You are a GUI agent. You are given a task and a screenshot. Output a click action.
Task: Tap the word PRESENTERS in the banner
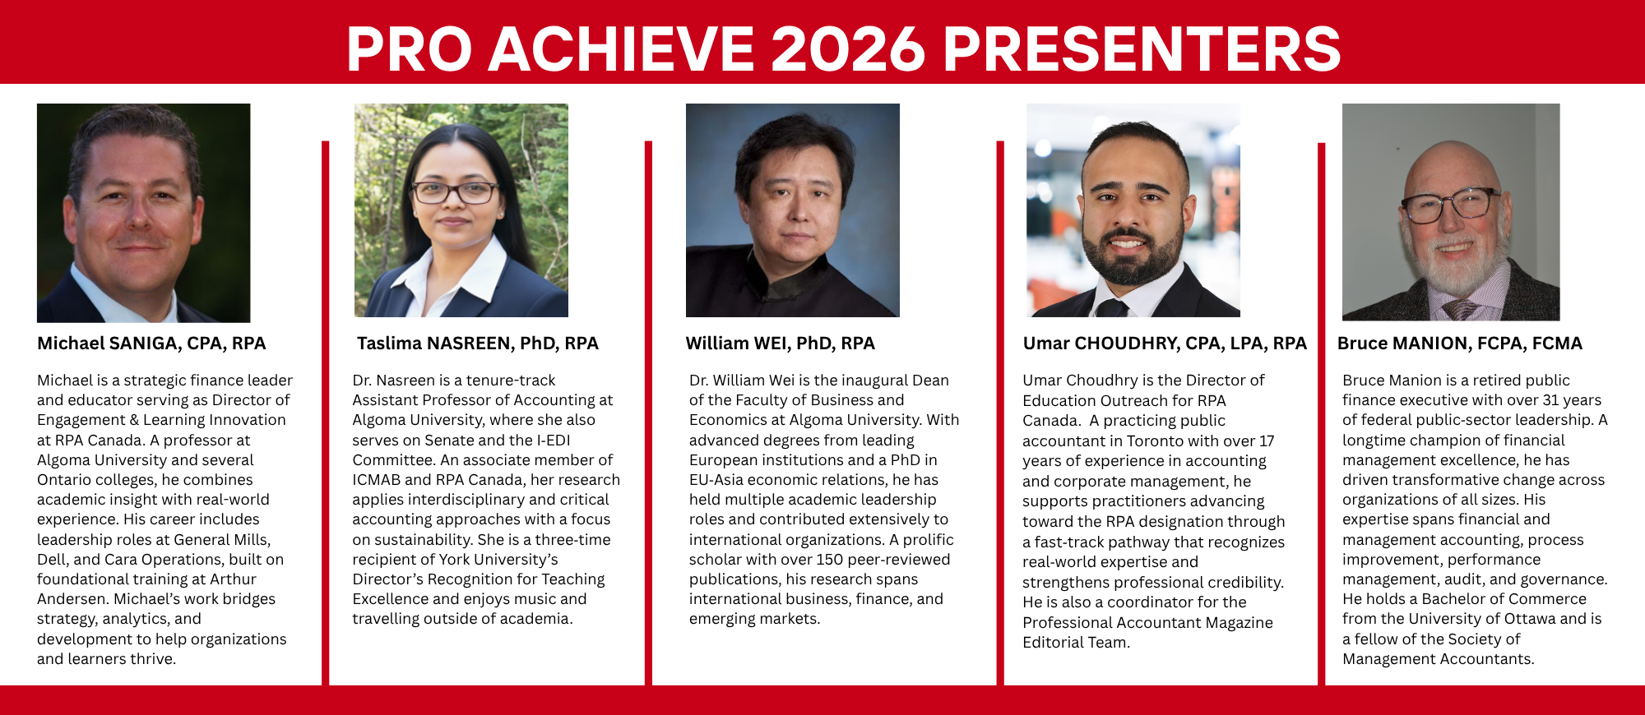1142,48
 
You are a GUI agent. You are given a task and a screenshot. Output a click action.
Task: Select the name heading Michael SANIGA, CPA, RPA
151,344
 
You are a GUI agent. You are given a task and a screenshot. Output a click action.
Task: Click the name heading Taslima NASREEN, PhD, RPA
477,344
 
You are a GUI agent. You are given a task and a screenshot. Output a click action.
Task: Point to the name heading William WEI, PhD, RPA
780,344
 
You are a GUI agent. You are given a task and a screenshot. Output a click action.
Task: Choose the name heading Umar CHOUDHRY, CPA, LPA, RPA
1164,344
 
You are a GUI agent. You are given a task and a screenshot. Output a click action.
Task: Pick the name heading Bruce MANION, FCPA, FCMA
1459,344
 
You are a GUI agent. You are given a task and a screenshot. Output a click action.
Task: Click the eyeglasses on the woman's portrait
454,192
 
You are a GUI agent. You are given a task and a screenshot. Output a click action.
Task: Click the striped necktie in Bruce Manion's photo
1459,310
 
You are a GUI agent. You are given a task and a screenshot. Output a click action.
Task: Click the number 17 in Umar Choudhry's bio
1267,441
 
